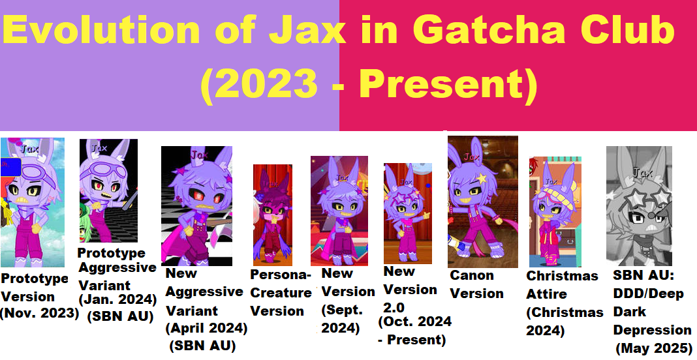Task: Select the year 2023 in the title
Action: click(259, 84)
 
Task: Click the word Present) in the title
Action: click(448, 84)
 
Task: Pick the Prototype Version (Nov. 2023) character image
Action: click(33, 202)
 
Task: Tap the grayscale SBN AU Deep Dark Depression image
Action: click(639, 206)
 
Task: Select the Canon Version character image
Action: click(483, 202)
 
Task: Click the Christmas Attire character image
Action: click(555, 211)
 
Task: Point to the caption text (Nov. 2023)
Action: click(39, 313)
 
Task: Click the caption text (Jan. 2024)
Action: click(117, 299)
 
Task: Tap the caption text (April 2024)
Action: click(206, 329)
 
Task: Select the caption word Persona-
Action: click(281, 275)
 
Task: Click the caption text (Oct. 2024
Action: click(414, 322)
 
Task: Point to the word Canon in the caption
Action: click(472, 276)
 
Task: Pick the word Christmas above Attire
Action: click(563, 276)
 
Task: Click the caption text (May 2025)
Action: click(655, 348)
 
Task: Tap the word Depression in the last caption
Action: click(652, 330)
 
